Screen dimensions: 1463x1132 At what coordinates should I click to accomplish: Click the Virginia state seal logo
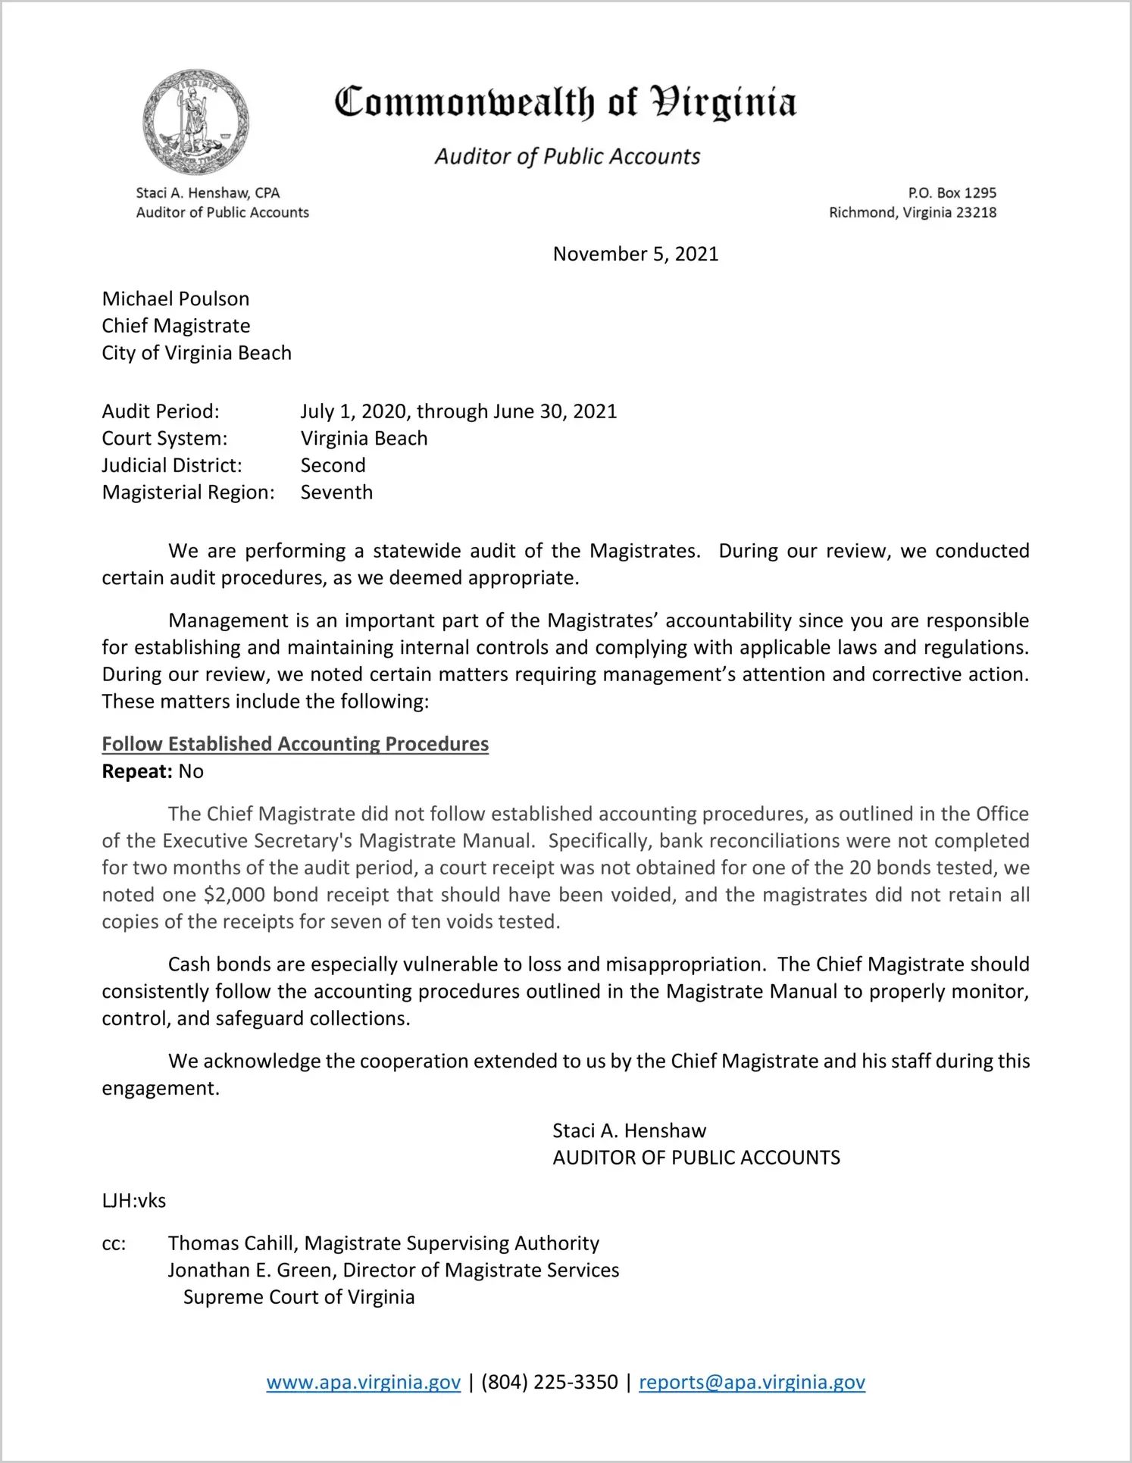(195, 122)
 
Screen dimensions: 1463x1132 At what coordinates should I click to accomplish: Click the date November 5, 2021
(635, 254)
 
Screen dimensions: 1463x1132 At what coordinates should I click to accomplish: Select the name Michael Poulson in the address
(176, 299)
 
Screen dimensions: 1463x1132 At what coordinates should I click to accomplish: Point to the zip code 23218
(976, 212)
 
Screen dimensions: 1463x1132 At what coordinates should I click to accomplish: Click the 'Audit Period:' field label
(161, 411)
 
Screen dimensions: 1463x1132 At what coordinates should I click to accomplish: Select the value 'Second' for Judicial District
(333, 465)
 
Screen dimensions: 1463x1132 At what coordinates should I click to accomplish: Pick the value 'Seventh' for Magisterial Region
(336, 492)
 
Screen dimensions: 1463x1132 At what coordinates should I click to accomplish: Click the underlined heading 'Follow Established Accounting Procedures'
(295, 744)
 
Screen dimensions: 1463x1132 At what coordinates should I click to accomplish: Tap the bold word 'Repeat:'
(137, 771)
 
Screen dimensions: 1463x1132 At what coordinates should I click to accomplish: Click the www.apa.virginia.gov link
(363, 1382)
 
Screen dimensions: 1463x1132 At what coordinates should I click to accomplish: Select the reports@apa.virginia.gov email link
(752, 1382)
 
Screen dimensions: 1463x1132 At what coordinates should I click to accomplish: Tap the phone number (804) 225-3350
(549, 1382)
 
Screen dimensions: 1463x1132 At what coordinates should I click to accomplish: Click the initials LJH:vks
(134, 1200)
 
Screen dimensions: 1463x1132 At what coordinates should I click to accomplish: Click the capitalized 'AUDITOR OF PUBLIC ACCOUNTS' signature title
(696, 1158)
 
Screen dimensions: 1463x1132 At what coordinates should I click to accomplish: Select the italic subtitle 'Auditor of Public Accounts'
(567, 156)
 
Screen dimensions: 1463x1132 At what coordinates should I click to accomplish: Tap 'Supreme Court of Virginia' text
(299, 1297)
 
